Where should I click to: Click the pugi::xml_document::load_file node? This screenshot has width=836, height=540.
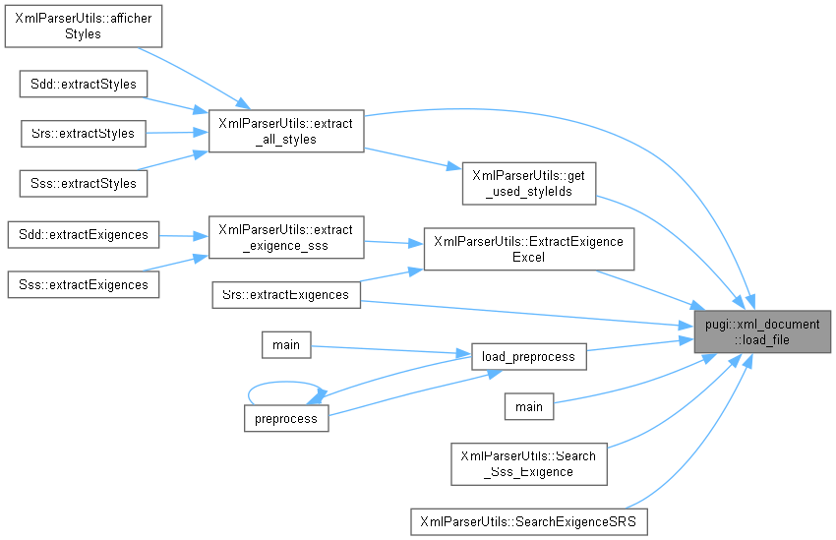762,331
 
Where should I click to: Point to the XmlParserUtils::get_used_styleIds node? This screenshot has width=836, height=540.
529,183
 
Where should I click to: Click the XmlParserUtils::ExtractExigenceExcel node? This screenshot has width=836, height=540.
528,249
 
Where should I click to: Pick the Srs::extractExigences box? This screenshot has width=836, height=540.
286,294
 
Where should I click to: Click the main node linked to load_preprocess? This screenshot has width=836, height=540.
286,344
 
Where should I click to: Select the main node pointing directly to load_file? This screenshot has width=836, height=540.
528,406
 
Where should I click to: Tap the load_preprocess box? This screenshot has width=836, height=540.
528,356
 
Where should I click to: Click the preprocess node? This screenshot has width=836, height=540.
286,418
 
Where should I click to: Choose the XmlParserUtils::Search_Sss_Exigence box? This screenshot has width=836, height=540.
528,463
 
